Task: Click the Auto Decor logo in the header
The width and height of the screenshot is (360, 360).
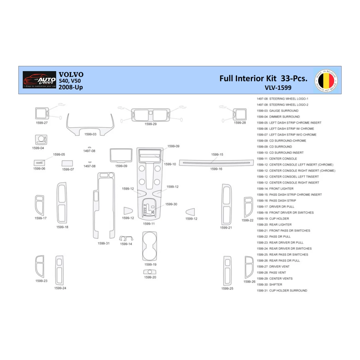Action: [39, 80]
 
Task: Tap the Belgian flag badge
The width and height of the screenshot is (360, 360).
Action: [326, 80]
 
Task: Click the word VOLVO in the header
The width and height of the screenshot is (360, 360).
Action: [71, 75]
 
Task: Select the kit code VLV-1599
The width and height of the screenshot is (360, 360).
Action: [278, 88]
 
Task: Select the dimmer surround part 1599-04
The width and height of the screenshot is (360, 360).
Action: [41, 140]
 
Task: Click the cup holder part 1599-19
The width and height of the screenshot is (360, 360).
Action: [150, 246]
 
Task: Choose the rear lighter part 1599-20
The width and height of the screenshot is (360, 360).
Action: [150, 272]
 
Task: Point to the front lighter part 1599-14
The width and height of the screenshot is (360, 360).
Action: [126, 238]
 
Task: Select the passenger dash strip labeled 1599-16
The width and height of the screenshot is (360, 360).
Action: [216, 163]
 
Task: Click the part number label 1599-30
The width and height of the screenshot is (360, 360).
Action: [171, 204]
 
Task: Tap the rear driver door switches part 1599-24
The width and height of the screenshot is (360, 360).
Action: [59, 270]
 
